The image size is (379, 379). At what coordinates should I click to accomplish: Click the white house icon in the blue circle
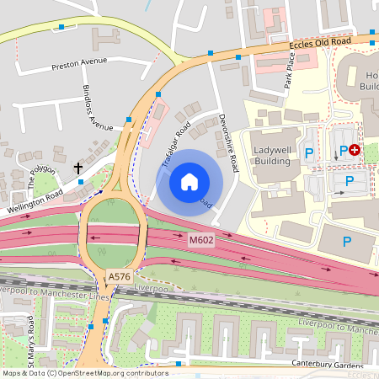pyautogui.click(x=189, y=181)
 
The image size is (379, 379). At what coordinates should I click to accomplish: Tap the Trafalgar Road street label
pyautogui.click(x=175, y=141)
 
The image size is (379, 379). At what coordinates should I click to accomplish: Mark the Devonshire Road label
pyautogui.click(x=227, y=143)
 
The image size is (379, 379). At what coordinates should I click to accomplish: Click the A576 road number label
pyautogui.click(x=118, y=275)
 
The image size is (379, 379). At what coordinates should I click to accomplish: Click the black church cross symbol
pyautogui.click(x=78, y=168)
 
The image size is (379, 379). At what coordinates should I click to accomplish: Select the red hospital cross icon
pyautogui.click(x=355, y=149)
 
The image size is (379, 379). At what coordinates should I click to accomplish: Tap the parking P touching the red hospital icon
pyautogui.click(x=343, y=151)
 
